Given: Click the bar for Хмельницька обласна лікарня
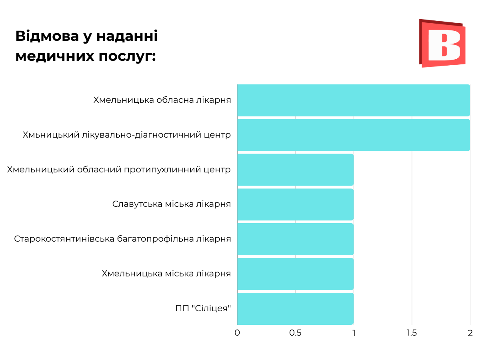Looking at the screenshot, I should (354, 100).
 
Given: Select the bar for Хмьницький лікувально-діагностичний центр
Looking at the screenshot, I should (354, 135).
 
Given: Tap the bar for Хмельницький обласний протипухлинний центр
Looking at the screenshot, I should (295, 170).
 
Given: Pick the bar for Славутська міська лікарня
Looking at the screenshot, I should (295, 204).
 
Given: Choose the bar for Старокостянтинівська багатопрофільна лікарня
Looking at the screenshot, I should (295, 239).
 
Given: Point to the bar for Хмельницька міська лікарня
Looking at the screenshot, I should (295, 274).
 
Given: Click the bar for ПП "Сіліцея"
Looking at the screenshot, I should (295, 308).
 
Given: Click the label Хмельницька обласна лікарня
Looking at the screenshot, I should (162, 100).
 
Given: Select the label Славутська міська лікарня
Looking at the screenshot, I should (172, 204).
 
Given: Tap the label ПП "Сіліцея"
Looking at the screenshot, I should (203, 309).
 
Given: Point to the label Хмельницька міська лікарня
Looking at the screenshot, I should (166, 274).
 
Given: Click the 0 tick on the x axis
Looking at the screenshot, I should (237, 333).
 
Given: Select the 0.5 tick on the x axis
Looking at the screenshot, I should (295, 333).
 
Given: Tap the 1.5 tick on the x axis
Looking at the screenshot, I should (412, 333).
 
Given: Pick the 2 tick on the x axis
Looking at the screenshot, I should (470, 333).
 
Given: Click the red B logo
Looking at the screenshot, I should (442, 43).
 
